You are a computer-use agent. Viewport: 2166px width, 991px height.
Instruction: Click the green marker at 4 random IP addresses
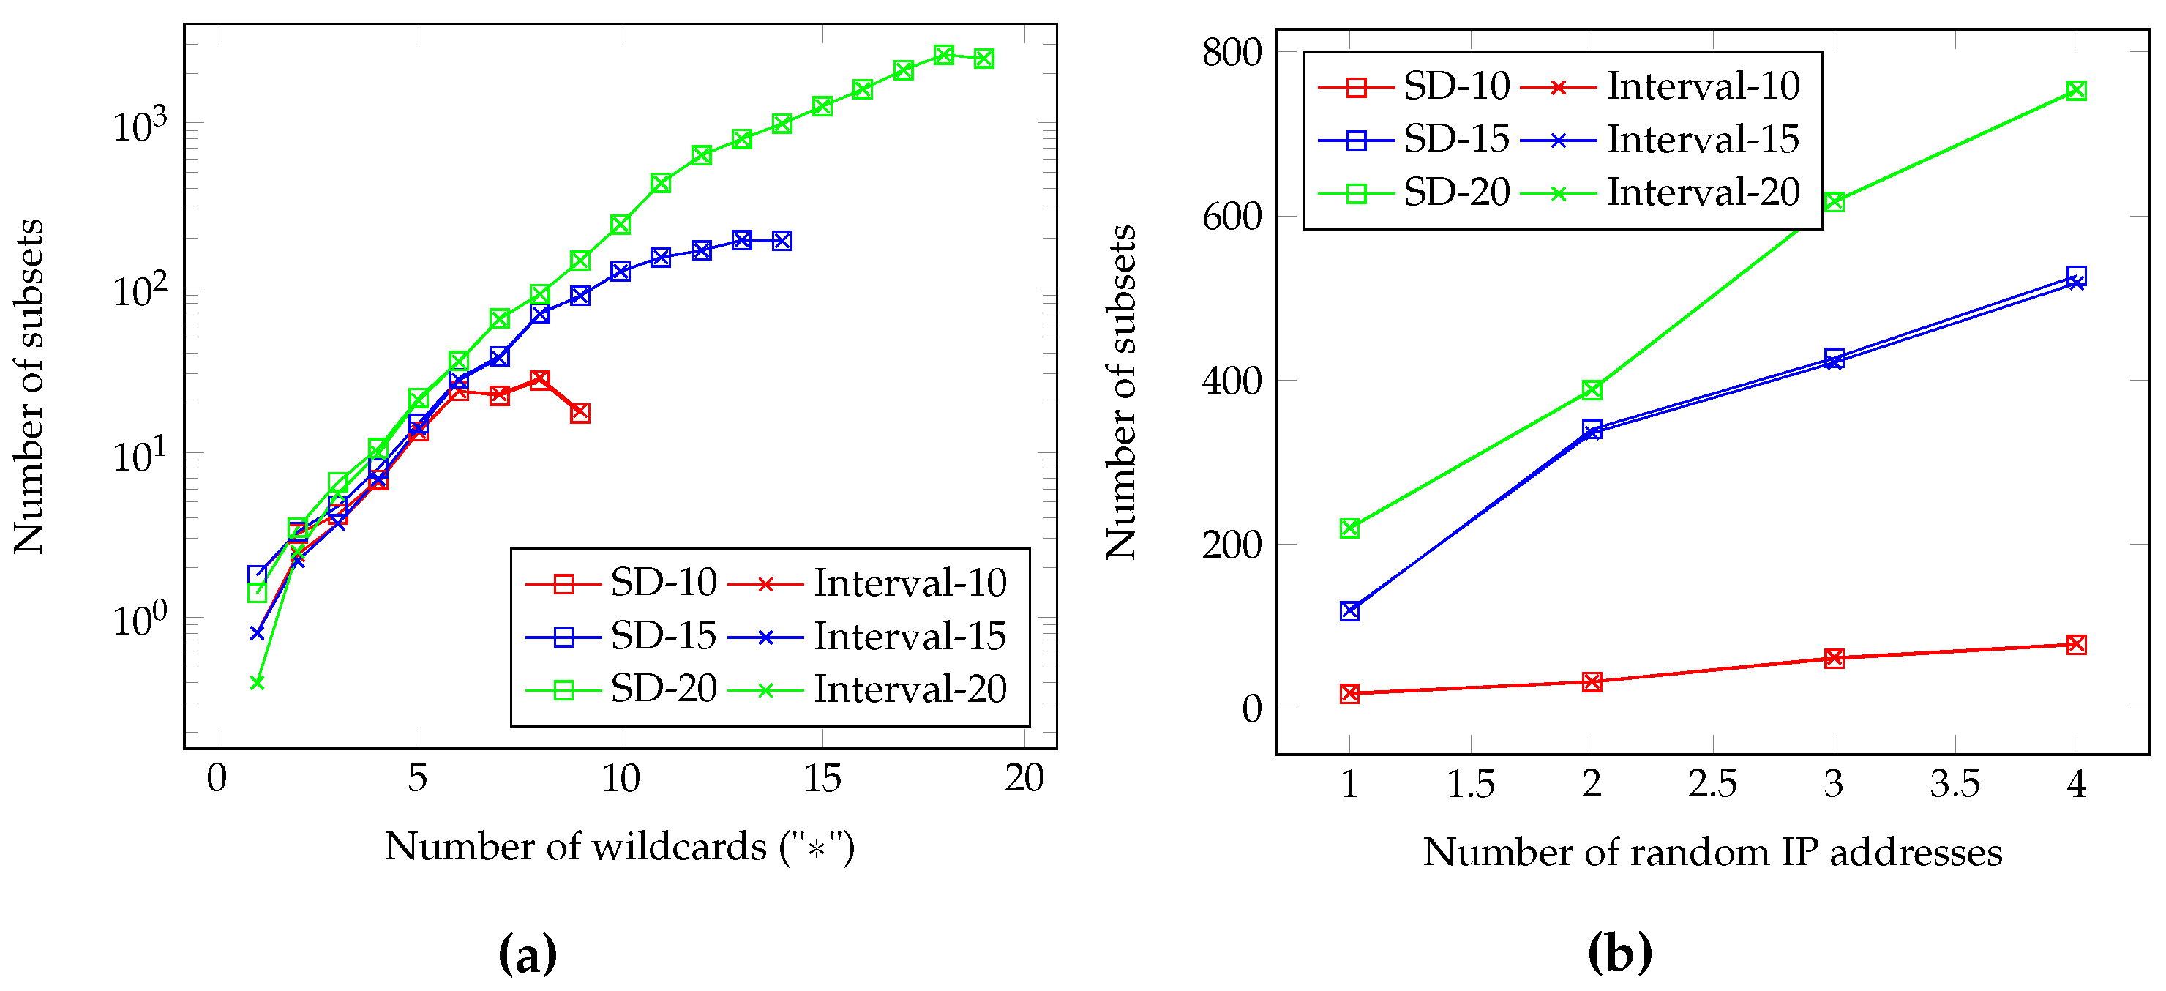point(2076,91)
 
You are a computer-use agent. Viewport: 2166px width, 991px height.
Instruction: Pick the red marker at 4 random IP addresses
point(2076,644)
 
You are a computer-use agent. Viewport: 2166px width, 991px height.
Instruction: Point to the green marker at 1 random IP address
point(1349,528)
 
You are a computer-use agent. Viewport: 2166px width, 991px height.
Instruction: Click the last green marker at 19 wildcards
point(983,59)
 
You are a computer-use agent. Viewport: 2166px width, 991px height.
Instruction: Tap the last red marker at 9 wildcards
point(580,413)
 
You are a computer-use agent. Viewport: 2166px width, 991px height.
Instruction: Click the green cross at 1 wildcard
point(258,682)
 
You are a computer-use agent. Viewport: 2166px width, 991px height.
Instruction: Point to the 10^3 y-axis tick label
point(140,125)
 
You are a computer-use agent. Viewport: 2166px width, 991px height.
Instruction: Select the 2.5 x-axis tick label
point(1712,784)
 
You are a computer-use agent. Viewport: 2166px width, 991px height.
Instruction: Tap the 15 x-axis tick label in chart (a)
point(822,778)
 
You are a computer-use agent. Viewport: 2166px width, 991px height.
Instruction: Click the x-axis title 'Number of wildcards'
point(620,846)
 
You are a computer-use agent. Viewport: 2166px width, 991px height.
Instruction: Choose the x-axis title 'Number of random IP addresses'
point(1712,852)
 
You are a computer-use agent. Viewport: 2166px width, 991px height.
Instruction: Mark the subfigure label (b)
point(1619,954)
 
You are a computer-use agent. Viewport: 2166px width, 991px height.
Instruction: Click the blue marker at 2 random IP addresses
point(1592,430)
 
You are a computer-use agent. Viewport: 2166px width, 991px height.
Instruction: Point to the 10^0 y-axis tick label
point(140,620)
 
